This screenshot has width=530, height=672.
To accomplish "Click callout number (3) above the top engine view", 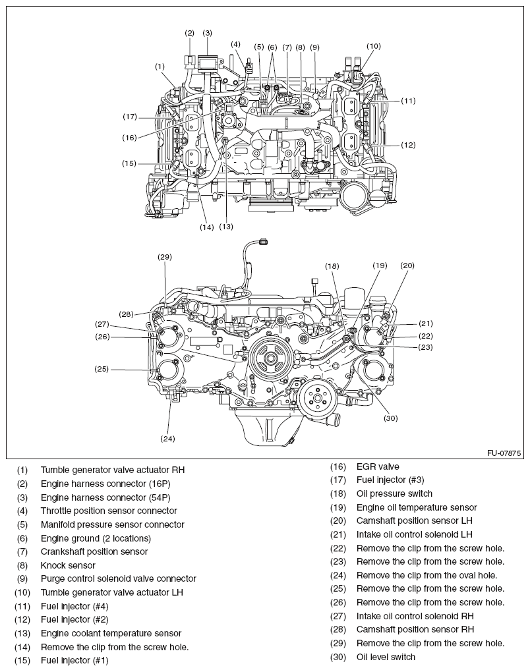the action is (x=207, y=32).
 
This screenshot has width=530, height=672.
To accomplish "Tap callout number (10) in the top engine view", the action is (x=374, y=46).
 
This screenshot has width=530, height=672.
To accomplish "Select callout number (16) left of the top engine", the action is (x=129, y=138).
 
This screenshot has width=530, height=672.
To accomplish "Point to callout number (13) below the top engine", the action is (x=226, y=226).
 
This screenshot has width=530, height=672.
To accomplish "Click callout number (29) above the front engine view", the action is (x=165, y=257).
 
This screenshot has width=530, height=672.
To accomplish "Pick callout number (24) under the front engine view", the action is (x=167, y=438).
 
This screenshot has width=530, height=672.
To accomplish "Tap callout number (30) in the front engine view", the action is (x=391, y=418).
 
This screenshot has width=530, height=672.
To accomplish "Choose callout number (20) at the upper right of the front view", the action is (x=407, y=266).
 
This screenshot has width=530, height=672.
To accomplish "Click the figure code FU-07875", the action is (x=504, y=453).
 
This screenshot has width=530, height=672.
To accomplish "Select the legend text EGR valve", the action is (x=378, y=466).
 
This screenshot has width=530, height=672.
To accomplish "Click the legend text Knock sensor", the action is (x=68, y=565).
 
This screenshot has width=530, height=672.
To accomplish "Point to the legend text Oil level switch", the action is (x=386, y=657).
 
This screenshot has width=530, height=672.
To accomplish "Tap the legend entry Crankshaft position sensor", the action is (x=94, y=551).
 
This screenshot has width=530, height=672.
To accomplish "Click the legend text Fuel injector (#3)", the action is (x=390, y=480).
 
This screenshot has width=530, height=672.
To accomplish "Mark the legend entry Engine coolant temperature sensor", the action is (x=111, y=633).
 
